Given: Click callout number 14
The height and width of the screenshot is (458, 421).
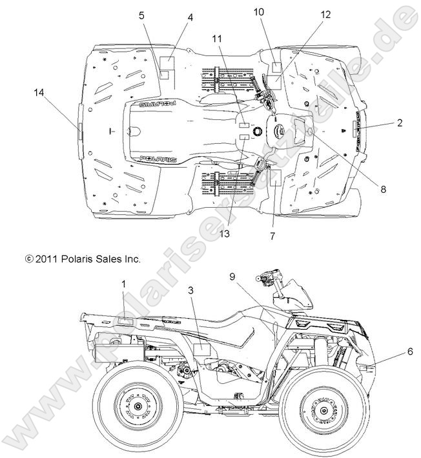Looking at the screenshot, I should (x=39, y=93).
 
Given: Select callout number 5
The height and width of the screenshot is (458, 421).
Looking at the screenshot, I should (x=141, y=17).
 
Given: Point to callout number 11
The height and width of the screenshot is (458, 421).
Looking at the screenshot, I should (x=216, y=39).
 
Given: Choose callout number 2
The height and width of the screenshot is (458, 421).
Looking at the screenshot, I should (x=400, y=123).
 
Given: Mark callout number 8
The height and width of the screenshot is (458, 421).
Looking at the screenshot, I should (x=383, y=189).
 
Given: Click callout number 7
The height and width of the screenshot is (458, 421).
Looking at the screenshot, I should (x=272, y=237).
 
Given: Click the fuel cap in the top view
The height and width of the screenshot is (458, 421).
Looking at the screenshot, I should (x=259, y=131).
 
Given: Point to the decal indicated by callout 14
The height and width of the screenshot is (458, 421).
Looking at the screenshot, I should (x=80, y=132).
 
